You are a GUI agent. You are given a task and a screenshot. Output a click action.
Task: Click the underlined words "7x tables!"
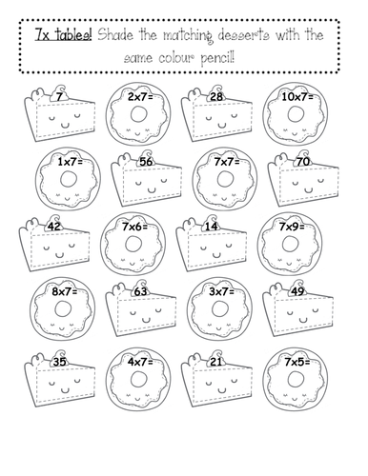(x=63, y=34)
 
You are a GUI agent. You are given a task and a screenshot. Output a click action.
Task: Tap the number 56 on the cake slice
(x=146, y=162)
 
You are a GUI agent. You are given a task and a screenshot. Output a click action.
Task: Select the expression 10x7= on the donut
(x=297, y=97)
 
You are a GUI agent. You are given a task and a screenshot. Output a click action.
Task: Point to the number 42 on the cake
(x=53, y=227)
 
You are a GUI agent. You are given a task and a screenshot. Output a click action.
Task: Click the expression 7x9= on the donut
(x=292, y=227)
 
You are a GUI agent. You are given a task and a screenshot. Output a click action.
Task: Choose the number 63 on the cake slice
(x=140, y=291)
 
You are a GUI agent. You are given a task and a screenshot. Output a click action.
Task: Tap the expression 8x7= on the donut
(x=64, y=291)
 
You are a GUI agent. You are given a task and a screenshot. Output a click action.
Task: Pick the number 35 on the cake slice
(x=59, y=362)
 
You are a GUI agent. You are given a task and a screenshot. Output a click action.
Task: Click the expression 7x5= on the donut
(x=296, y=362)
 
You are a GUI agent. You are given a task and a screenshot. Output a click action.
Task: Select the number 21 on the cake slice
(x=216, y=362)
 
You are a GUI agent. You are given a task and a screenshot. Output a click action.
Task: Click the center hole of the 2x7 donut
(x=139, y=113)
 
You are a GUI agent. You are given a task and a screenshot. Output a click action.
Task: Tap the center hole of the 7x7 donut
(x=226, y=179)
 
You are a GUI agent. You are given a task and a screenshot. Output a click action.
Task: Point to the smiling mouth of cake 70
(x=308, y=190)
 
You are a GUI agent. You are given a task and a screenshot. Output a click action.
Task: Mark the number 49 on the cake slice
(x=297, y=291)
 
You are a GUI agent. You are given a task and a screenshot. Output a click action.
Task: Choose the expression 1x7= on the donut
(x=70, y=162)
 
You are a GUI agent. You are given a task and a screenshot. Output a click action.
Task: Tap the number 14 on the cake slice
(x=211, y=227)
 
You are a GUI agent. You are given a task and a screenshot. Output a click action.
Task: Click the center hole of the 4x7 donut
(x=139, y=379)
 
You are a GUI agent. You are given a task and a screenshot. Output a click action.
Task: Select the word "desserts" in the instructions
(x=244, y=35)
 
